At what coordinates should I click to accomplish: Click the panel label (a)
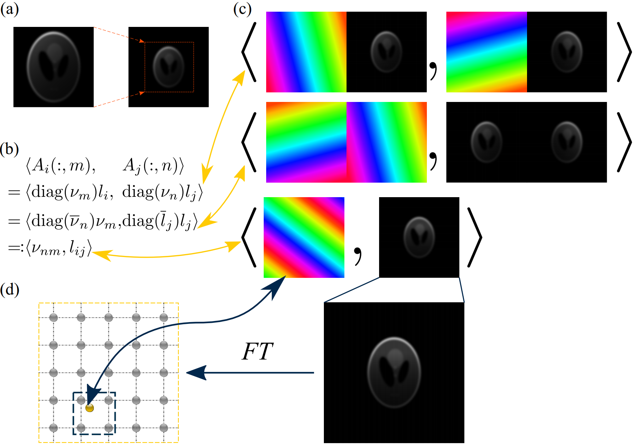pos(9,9)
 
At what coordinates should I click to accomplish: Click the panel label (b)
pos(9,149)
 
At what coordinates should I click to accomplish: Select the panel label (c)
pos(242,9)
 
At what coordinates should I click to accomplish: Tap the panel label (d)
pos(10,290)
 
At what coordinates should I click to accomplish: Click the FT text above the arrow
pos(257,352)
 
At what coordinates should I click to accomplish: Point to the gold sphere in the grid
pos(90,408)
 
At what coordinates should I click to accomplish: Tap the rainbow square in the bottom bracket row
pos(304,238)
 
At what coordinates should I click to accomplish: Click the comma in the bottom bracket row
pos(358,256)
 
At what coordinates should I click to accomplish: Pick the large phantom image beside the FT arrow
pos(394,372)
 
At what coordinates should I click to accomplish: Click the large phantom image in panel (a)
pos(53,67)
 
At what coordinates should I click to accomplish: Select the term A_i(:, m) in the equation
pos(60,166)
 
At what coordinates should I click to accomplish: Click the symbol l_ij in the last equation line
pos(77,249)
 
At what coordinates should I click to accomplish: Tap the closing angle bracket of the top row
pos(624,52)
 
